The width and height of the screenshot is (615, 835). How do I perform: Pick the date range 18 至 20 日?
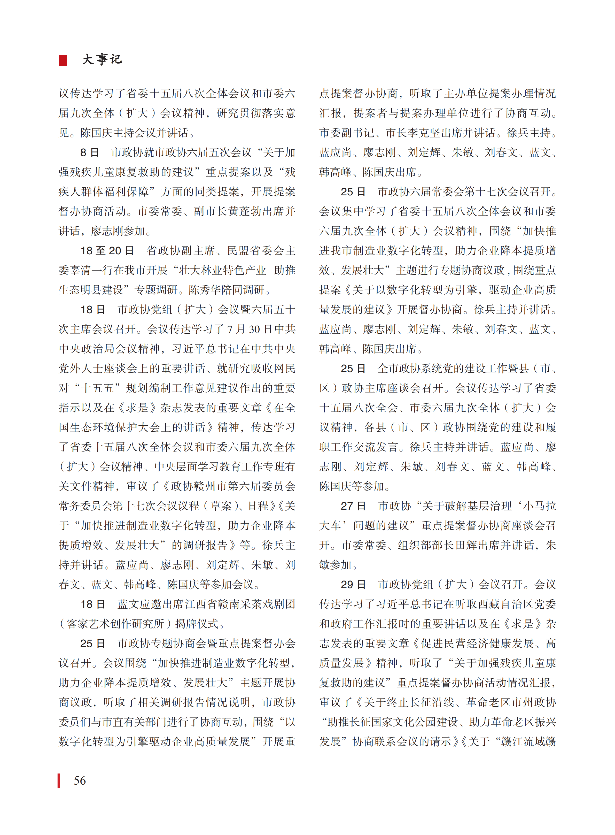click(107, 251)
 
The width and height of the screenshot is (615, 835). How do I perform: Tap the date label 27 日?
click(353, 506)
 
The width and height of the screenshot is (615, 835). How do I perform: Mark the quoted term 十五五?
click(98, 388)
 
